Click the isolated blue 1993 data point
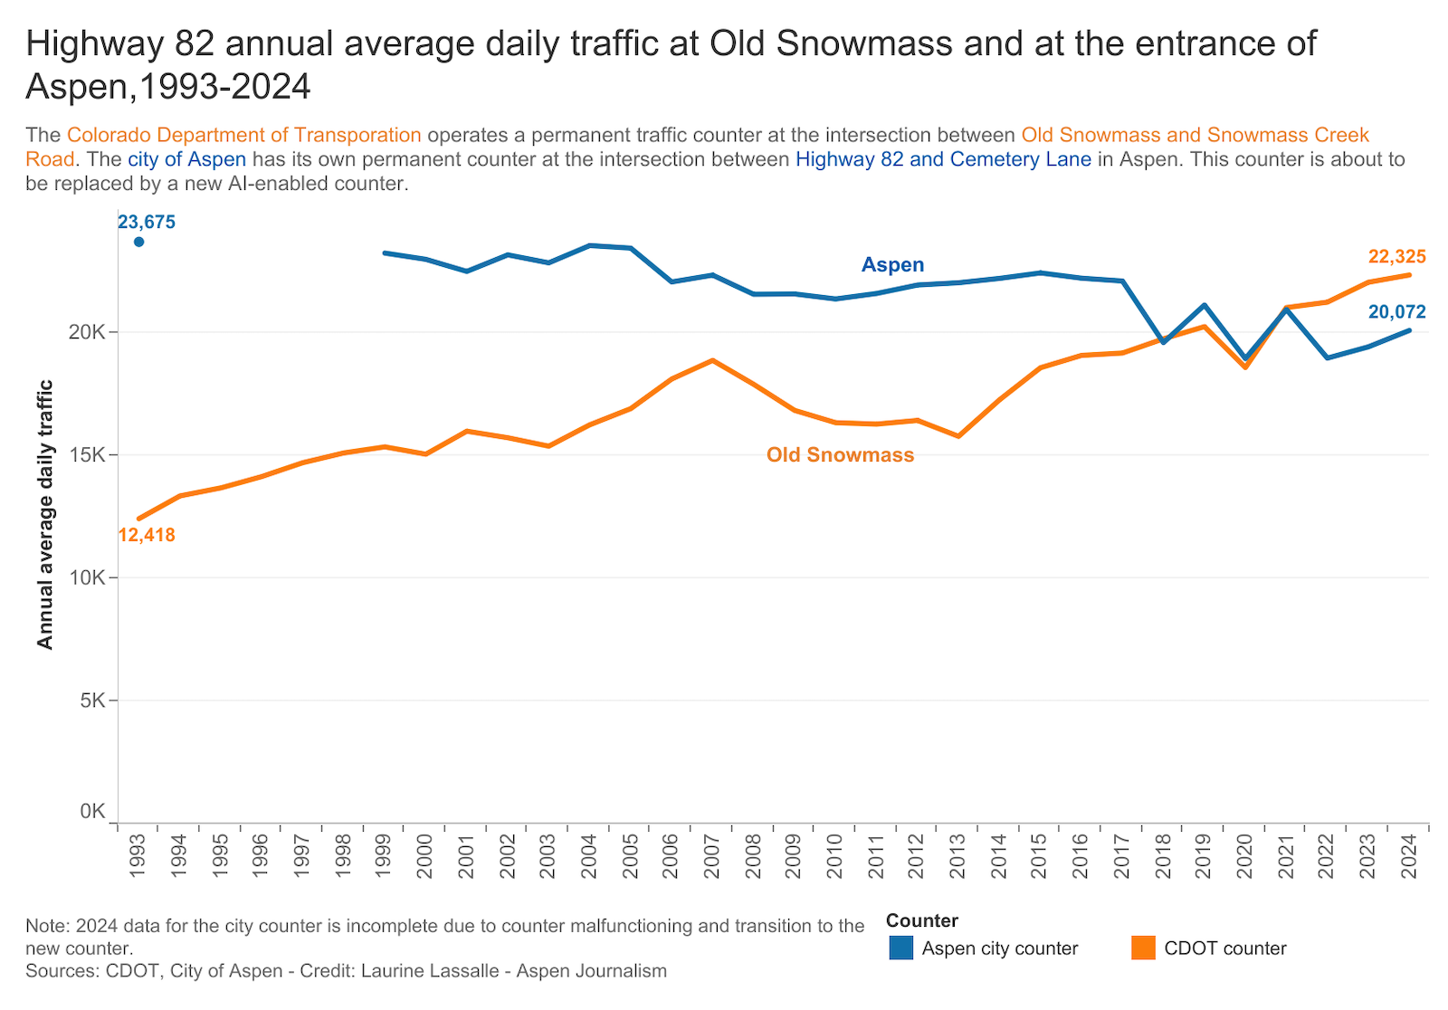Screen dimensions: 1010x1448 coord(138,242)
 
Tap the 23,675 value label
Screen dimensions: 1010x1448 coord(147,222)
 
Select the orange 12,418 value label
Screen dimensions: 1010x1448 coord(147,535)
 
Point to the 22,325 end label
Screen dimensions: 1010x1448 coord(1396,257)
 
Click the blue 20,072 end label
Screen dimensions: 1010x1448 coord(1396,312)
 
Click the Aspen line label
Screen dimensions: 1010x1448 coord(892,264)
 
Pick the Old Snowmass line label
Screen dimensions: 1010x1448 coord(840,454)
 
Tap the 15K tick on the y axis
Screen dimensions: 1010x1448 coord(87,454)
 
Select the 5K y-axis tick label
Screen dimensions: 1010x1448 coord(91,700)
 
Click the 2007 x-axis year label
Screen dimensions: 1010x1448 coord(712,856)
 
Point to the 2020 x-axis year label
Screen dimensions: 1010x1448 coord(1245,856)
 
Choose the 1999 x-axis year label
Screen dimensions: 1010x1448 coord(384,856)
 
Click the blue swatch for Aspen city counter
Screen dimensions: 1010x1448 coord(900,948)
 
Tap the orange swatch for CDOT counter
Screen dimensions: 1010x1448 coord(1143,948)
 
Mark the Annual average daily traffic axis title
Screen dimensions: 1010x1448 coord(45,514)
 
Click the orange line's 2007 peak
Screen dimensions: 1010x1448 coord(713,360)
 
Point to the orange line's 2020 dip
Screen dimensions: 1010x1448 coord(1245,367)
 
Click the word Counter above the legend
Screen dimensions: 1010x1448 coord(921,920)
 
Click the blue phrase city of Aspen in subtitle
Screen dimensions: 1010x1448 coord(186,159)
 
